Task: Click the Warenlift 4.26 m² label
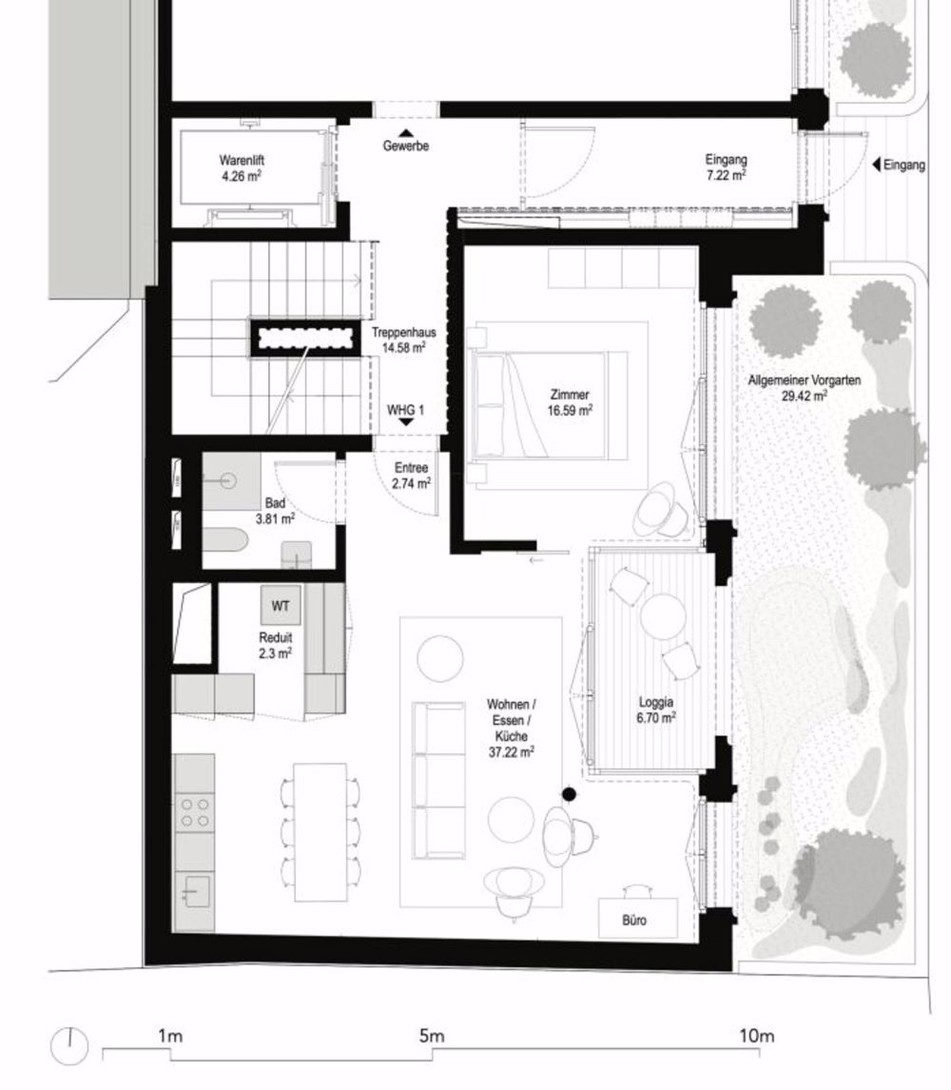tap(241, 168)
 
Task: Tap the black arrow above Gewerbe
tap(406, 133)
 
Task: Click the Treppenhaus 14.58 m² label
tap(405, 341)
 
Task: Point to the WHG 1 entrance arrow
tap(406, 423)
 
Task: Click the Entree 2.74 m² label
tap(411, 476)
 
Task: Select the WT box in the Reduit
tap(280, 606)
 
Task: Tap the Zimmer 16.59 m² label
tap(571, 402)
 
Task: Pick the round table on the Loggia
tap(663, 615)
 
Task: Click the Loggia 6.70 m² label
tap(656, 711)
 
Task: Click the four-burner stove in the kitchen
tap(195, 811)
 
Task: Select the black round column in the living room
tap(569, 794)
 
